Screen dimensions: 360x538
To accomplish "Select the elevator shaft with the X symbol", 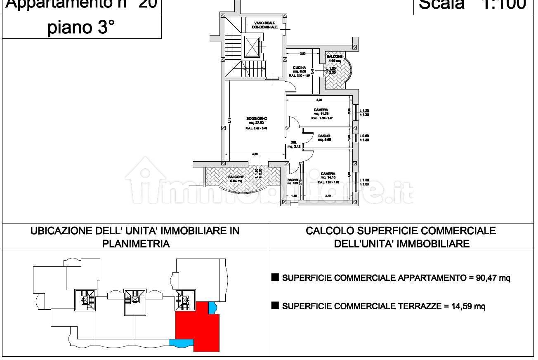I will (x=251, y=47).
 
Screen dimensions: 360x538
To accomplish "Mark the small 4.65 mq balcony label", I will (x=334, y=58).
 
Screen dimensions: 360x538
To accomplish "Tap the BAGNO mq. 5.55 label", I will (x=324, y=137).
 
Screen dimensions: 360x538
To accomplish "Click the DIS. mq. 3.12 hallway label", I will (x=293, y=144).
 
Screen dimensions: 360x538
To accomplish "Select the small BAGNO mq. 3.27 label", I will (x=293, y=182).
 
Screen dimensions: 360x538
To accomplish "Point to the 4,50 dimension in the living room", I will (x=255, y=154).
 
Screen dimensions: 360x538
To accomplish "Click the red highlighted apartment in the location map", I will (x=194, y=326).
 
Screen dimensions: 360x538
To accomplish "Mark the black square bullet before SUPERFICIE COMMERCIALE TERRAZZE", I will (x=275, y=306).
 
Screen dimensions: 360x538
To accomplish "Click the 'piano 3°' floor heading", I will (x=81, y=28).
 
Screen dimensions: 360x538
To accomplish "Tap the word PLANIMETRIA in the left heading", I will (x=136, y=243).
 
